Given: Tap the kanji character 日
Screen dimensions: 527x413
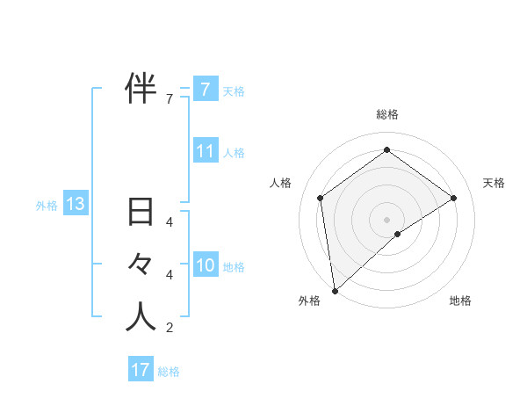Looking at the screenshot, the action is coord(141,213).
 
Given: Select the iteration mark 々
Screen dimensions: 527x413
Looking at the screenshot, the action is coord(141,264).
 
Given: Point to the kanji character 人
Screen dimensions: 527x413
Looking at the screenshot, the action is coord(141,316).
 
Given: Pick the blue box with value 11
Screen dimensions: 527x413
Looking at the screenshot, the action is coord(205,151).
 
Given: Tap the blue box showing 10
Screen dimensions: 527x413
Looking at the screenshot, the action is coord(205,264).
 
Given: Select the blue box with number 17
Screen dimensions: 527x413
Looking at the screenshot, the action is coord(141,370).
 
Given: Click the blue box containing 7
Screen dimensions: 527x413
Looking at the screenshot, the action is coord(205,89).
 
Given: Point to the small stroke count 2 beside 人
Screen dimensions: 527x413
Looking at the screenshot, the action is coord(170,328).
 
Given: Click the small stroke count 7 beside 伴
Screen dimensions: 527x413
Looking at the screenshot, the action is coord(170,98).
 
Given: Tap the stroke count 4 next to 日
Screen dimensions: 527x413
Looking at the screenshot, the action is coord(170,222).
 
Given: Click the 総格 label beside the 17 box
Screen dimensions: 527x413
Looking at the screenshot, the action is coord(169,372).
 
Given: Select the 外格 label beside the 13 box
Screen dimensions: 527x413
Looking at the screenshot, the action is coord(47,206).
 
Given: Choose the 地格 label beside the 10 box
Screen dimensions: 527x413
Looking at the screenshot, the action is coord(234,266).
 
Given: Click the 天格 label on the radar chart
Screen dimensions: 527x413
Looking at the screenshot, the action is coord(494,183).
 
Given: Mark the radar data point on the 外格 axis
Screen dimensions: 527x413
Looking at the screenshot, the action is coord(335,290).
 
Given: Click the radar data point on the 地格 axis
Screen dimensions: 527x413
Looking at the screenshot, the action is coord(398,234).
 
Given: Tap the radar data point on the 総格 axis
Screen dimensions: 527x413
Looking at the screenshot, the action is coord(386,150).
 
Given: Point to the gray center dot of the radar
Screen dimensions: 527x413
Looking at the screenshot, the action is coord(386,218).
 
